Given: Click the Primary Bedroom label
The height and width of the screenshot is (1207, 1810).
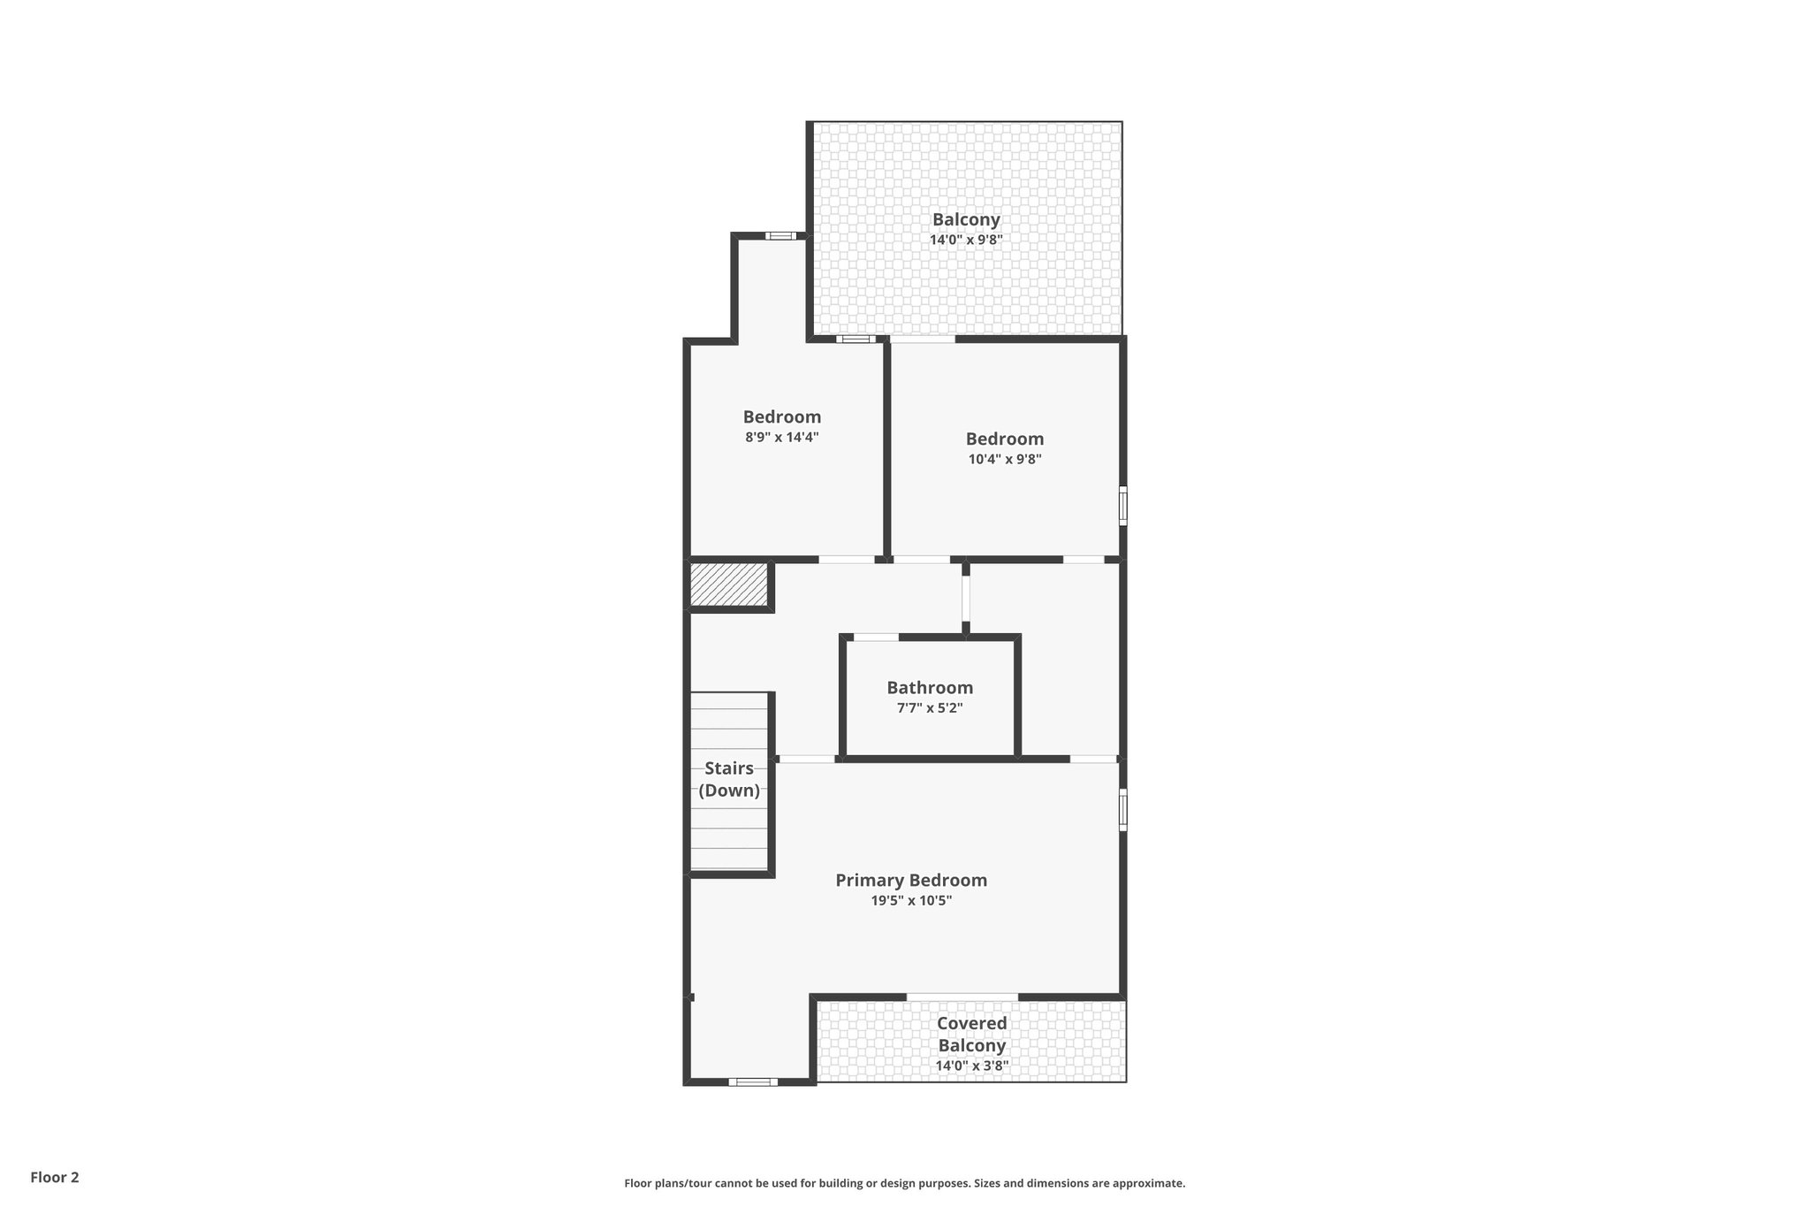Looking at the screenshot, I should (911, 880).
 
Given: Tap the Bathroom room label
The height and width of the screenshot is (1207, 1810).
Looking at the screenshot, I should (930, 687).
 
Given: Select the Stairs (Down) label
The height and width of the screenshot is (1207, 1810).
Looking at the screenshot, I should (729, 779).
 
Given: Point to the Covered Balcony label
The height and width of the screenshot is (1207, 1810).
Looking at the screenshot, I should (972, 1034).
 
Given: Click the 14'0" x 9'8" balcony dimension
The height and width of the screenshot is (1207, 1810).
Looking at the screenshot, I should (966, 240).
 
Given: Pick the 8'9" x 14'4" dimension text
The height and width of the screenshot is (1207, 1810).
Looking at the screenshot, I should (782, 437).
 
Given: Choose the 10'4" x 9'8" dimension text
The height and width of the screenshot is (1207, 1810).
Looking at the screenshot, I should (1005, 459).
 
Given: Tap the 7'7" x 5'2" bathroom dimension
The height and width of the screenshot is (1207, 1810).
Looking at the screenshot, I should (930, 708).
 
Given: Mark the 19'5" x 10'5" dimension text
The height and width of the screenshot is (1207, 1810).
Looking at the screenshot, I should (911, 901).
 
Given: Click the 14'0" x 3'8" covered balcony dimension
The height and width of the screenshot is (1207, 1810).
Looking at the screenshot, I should (972, 1066).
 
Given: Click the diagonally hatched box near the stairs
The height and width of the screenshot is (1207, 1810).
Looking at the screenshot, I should (729, 584).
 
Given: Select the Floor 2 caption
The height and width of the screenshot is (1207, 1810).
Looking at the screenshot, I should (55, 1177).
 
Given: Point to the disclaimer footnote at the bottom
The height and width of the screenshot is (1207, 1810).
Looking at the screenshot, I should (904, 1183).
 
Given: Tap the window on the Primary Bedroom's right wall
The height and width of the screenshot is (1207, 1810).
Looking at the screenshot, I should (1122, 810).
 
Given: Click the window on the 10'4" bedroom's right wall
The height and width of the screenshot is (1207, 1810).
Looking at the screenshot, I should (1122, 506).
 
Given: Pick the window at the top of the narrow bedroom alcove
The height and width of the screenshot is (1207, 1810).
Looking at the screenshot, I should (780, 236).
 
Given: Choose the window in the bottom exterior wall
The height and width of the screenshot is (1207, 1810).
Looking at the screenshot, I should (753, 1081).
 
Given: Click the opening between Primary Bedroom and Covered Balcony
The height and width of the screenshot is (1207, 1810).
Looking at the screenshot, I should (962, 997).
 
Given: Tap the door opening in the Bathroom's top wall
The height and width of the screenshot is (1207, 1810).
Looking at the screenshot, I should (876, 637).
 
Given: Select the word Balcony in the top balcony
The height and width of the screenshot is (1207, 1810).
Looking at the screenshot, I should (966, 219).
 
